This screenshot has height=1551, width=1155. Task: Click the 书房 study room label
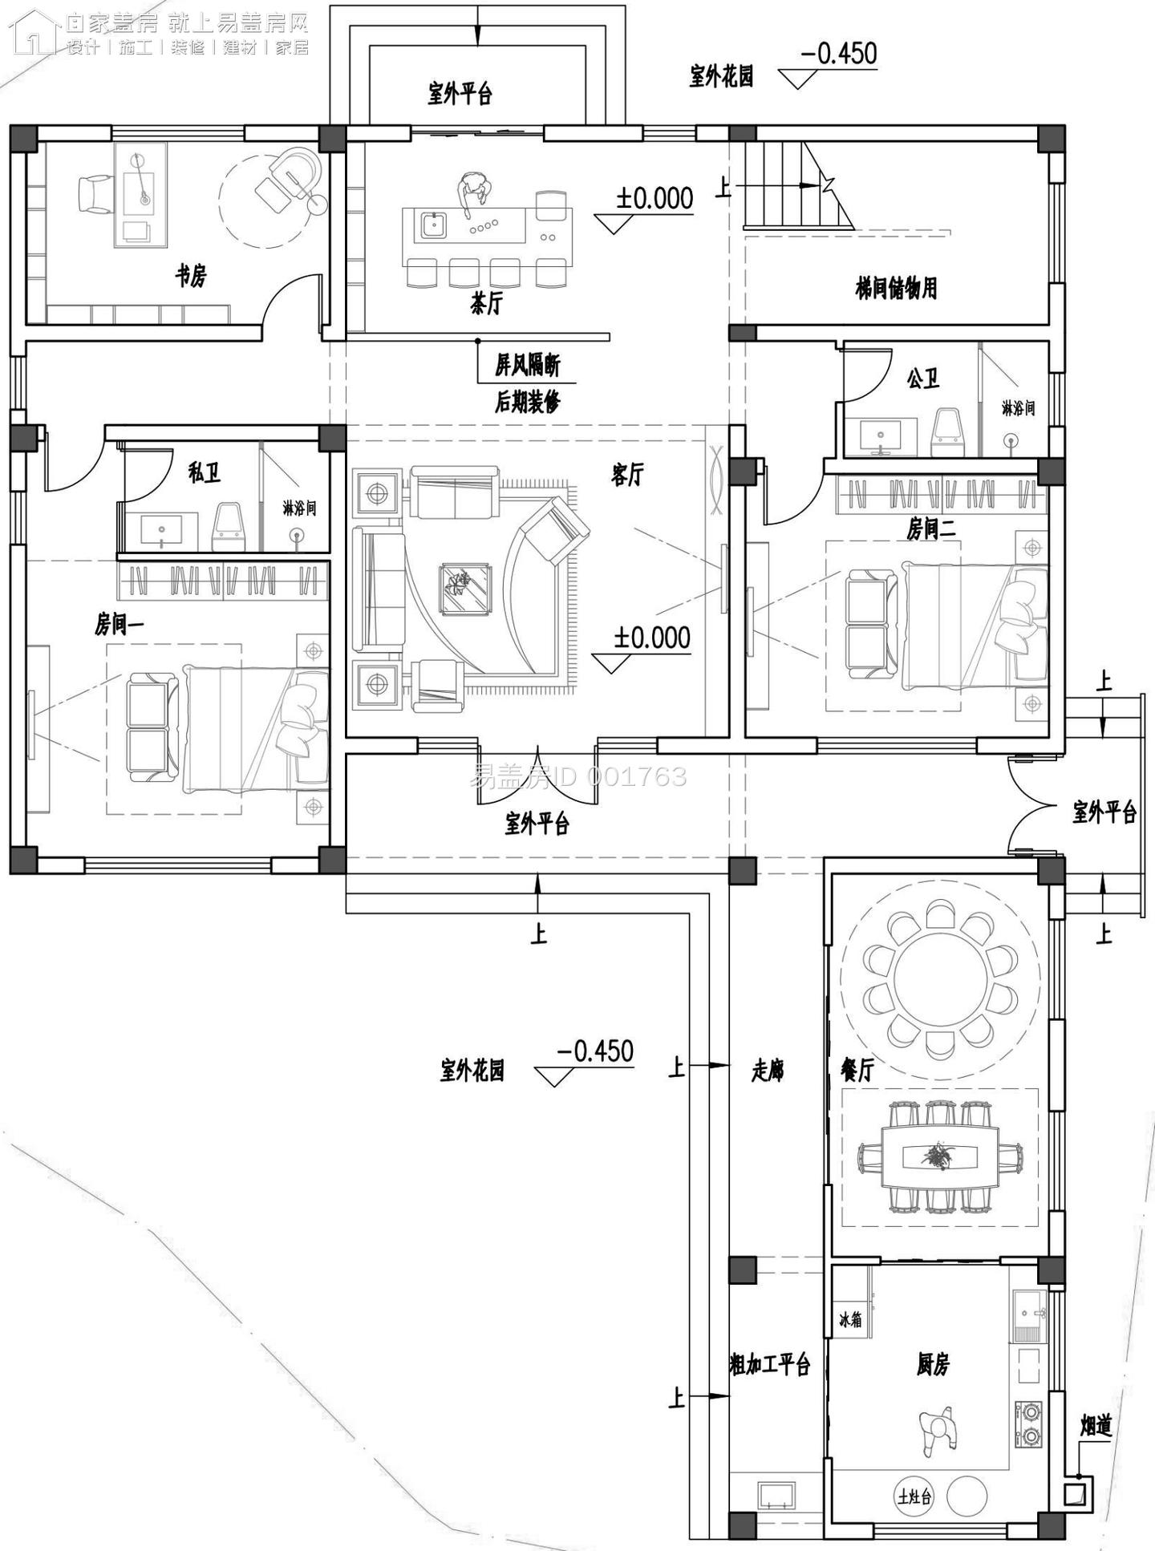pos(191,277)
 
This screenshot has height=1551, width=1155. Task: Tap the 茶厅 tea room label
pos(486,304)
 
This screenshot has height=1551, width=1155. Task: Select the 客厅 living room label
pos(626,475)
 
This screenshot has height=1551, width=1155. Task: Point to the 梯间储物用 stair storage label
pos(896,288)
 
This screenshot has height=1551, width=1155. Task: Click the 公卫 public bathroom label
pos(922,379)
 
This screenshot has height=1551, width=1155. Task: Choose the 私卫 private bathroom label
pos(205,472)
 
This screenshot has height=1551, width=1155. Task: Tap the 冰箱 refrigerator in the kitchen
pos(850,1318)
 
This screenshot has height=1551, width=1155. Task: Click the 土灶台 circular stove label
pos(914,1496)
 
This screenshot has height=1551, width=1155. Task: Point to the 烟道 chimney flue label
pos(1095,1425)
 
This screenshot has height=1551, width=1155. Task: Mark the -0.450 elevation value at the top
pos(838,54)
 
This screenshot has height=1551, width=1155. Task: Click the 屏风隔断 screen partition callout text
pos(527,366)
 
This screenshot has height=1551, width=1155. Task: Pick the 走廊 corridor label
pos(767,1070)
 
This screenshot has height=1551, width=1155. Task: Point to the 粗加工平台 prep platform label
pos(770,1363)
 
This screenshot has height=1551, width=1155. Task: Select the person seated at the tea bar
pos(473,194)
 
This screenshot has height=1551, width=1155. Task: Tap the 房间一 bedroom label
pos(119,623)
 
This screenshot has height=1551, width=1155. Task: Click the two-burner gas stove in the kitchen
pos(1028,1423)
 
